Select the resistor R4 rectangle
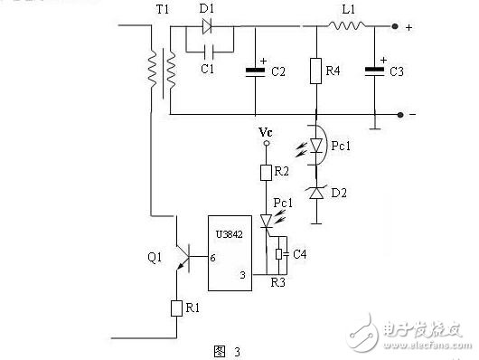316,71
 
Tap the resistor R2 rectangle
266,172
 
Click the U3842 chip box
231,253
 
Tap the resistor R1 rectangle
176,308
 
